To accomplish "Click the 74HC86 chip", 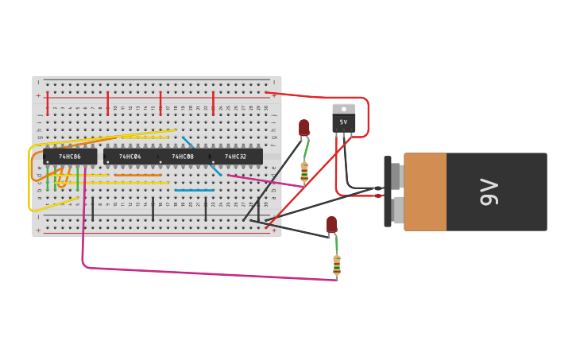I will coord(70,157).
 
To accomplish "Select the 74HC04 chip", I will coord(130,157).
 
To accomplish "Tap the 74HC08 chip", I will coord(183,157).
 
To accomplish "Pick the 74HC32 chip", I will coord(236,157).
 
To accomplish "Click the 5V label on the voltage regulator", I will coord(343,122).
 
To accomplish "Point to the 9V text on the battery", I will coord(489,192).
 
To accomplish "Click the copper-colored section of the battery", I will coord(425,192).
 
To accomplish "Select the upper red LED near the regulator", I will coord(304,127).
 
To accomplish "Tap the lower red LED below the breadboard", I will coord(331,224).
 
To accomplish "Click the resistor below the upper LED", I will coord(304,172).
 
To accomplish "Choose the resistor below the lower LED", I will coord(337,265).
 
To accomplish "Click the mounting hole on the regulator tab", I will coord(343,109).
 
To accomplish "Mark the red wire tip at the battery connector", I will coord(378,195).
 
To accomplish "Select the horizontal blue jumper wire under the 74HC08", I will coord(195,190).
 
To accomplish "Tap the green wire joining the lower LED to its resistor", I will coord(335,243).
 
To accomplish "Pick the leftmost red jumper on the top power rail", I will coord(48,103).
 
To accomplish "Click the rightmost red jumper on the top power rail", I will coord(213,103).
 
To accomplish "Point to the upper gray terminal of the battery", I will coord(396,176).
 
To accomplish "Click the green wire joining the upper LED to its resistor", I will coord(306,150).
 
